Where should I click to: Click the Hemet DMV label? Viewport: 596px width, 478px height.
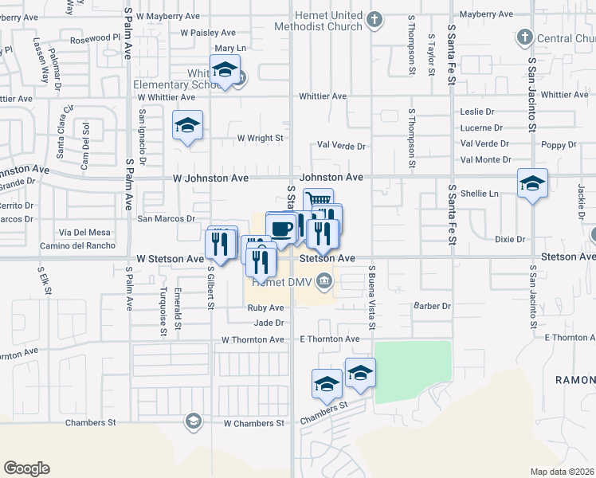[283, 280]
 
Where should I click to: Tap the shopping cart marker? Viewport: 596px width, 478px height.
[318, 202]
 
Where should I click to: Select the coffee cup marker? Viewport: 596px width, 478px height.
[281, 228]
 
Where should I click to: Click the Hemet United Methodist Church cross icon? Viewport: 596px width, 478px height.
[377, 18]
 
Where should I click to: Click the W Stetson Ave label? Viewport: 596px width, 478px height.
[170, 259]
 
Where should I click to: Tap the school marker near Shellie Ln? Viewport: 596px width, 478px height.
[532, 184]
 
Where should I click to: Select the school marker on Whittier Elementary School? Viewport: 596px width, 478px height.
[225, 70]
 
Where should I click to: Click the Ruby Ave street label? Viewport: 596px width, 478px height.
[265, 308]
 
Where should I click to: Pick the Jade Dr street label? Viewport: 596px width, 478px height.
[269, 323]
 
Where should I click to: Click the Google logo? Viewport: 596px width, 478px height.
[26, 468]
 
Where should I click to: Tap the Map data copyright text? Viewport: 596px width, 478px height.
[563, 472]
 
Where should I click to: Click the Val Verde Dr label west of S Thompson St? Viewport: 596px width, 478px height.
[340, 146]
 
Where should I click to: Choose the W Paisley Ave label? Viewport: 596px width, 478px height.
[208, 33]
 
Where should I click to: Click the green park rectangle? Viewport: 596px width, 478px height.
[413, 371]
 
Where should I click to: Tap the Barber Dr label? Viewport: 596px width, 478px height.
[432, 306]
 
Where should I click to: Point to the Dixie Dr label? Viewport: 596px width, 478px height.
[510, 238]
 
